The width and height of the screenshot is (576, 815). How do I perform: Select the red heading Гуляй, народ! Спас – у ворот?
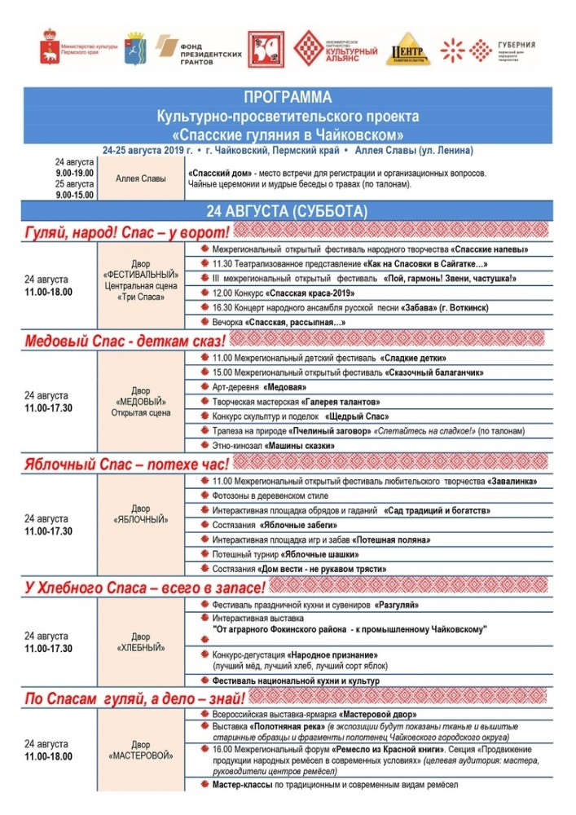[126, 231]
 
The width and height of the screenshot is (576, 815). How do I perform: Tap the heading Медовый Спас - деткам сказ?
[126, 340]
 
